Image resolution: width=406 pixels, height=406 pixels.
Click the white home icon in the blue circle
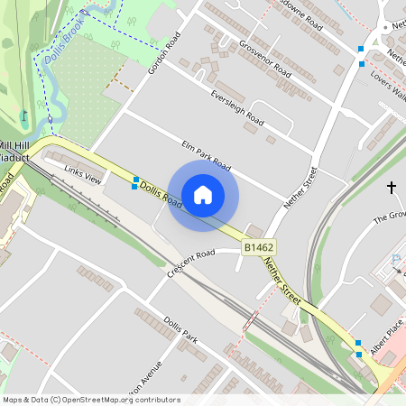tap(203, 195)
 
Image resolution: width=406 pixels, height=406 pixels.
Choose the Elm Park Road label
tap(206, 155)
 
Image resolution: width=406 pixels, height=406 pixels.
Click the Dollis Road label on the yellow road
tap(163, 195)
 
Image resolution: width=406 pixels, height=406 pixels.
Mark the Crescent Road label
tap(190, 259)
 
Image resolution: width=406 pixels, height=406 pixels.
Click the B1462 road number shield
tap(258, 246)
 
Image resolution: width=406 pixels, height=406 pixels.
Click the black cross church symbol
tap(392, 187)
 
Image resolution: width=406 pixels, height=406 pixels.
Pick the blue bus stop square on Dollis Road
tap(135, 182)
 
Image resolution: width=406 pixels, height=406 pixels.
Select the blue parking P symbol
tap(395, 262)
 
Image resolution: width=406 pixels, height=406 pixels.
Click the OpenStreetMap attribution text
tap(90, 400)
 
